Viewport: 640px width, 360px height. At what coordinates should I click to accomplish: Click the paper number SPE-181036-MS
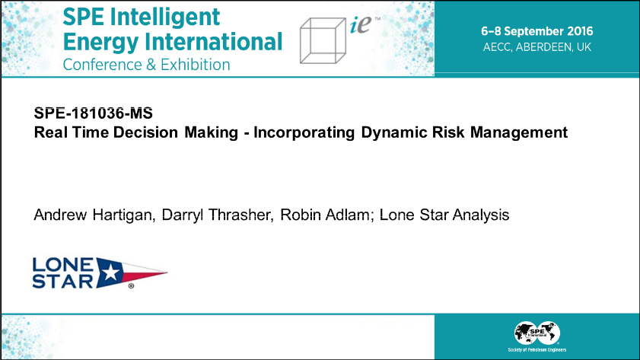[94, 113]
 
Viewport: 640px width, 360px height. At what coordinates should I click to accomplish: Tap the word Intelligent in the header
[165, 18]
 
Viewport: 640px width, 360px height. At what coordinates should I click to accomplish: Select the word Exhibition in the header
[196, 65]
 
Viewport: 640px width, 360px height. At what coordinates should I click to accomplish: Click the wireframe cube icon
[323, 41]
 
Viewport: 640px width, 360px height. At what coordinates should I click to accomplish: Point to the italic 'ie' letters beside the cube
[361, 25]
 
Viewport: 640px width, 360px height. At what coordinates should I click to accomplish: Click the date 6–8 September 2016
[537, 31]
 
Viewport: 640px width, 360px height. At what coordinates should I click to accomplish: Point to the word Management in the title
[519, 132]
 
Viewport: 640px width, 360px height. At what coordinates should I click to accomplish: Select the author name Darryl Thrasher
[218, 215]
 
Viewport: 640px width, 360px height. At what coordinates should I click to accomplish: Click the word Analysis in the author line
[481, 215]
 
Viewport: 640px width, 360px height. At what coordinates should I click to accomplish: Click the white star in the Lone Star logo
[110, 272]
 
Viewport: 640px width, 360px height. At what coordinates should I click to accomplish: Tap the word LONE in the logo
[63, 265]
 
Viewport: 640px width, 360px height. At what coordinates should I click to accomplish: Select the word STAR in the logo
[63, 281]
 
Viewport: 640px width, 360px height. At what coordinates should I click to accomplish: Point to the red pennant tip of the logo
[167, 272]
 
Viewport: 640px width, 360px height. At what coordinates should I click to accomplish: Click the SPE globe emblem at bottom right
[537, 333]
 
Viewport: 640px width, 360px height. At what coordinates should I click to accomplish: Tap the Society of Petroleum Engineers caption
[537, 350]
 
